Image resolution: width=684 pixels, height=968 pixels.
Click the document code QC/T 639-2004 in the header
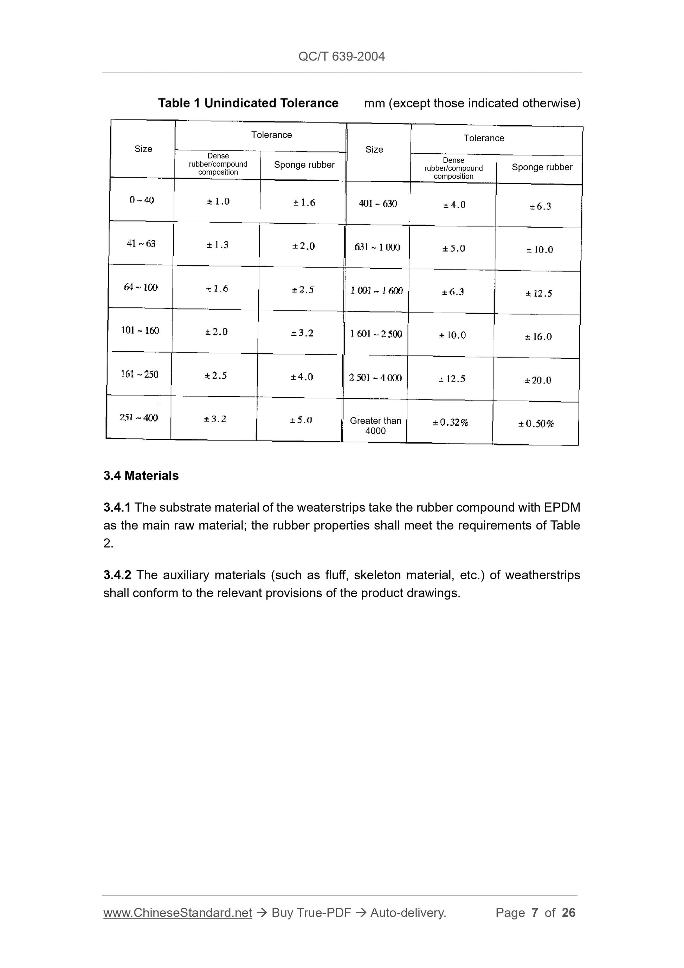[x=341, y=57]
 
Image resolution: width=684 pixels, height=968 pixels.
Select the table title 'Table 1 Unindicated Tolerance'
[x=248, y=103]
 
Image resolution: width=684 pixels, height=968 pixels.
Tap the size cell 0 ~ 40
[x=142, y=200]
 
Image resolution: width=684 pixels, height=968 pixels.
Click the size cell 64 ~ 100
[x=140, y=287]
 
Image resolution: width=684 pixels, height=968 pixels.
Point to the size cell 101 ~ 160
[x=140, y=331]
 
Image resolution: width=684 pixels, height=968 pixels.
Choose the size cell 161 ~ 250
[x=139, y=374]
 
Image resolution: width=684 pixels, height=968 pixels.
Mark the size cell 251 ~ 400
[x=138, y=418]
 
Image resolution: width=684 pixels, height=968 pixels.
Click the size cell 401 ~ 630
[x=378, y=204]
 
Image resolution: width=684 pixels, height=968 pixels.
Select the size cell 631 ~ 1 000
[x=377, y=247]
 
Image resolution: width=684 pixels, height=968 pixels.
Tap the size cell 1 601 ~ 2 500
[x=376, y=334]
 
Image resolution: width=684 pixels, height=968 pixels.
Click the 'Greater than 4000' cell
[x=375, y=425]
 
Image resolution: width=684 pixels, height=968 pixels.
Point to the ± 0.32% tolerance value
[x=450, y=422]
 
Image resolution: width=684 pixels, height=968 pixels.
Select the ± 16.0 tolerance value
[x=538, y=337]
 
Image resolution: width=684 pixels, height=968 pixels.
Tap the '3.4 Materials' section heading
[x=141, y=476]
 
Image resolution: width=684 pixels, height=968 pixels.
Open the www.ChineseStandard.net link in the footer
[x=178, y=913]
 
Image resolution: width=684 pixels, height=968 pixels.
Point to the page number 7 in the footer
[x=534, y=913]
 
